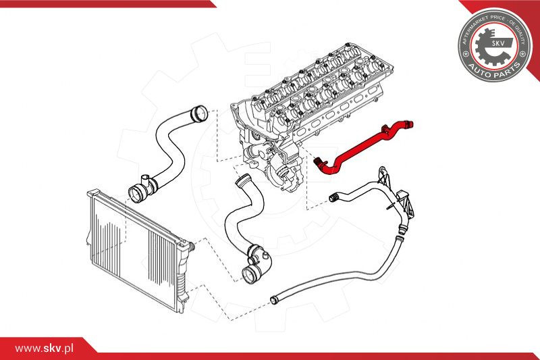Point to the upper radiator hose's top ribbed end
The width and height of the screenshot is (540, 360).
point(198,113)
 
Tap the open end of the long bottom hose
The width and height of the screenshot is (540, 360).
point(274,299)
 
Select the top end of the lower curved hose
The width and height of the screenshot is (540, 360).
point(242,181)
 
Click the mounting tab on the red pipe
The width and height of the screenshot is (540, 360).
point(386,128)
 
